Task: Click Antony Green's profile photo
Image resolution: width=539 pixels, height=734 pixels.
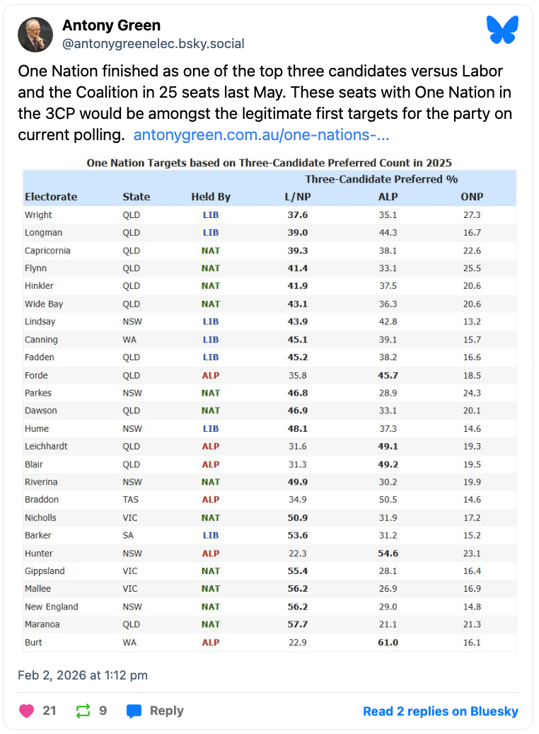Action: point(35,35)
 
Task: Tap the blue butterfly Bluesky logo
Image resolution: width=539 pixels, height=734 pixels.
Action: point(502,30)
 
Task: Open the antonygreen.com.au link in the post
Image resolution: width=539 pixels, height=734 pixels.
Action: point(261,134)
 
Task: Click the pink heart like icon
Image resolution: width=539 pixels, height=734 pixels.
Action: point(26,711)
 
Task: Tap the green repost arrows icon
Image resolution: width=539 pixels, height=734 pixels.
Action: point(83,711)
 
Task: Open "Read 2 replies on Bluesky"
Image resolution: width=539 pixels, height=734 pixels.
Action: point(440,711)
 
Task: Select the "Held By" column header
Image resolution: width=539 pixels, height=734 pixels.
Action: point(211,197)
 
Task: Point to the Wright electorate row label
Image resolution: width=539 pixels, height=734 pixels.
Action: point(38,215)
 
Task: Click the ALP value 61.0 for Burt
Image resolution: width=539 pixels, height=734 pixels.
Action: point(388,643)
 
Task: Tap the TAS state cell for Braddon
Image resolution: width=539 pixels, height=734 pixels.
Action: point(131,500)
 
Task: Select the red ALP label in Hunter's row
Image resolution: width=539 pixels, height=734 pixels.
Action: point(211,554)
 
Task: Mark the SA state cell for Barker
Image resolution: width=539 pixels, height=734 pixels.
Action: point(128,535)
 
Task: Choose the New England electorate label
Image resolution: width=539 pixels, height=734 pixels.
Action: point(51,607)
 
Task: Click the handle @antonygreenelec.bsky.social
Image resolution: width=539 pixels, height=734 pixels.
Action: point(153,44)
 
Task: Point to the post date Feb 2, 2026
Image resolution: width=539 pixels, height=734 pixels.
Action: point(83,675)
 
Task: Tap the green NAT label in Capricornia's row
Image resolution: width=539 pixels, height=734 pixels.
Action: point(211,251)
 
